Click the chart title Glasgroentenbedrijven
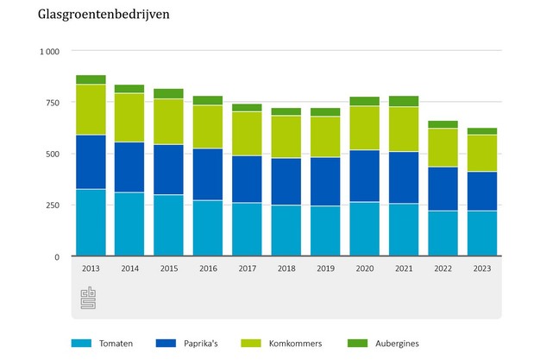click(x=96, y=15)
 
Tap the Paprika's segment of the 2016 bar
click(x=208, y=174)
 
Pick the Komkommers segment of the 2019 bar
click(x=325, y=136)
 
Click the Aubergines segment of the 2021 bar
click(x=403, y=101)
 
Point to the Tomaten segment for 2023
click(x=481, y=233)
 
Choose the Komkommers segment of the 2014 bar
click(x=129, y=117)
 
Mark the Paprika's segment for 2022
click(x=443, y=188)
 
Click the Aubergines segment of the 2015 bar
click(x=168, y=93)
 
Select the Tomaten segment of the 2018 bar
click(x=286, y=231)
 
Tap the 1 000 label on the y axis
click(x=47, y=52)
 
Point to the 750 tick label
click(x=52, y=103)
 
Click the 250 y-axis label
click(x=52, y=205)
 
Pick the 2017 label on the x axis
click(x=247, y=268)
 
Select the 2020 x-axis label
click(x=364, y=268)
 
